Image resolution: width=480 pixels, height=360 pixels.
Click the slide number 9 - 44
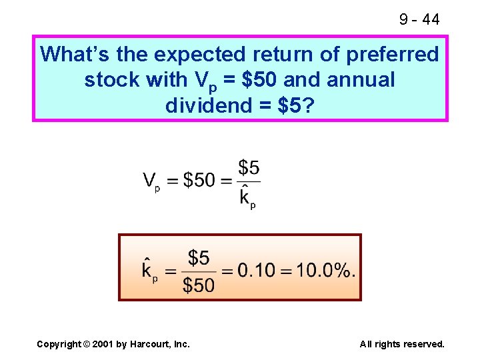pyautogui.click(x=419, y=19)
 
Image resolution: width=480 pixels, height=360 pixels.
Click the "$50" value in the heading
pyautogui.click(x=257, y=80)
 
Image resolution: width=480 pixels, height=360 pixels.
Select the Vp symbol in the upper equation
pyautogui.click(x=151, y=181)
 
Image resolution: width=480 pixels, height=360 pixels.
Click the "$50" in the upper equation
pyautogui.click(x=199, y=180)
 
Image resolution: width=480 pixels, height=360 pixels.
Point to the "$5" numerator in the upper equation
pyautogui.click(x=249, y=167)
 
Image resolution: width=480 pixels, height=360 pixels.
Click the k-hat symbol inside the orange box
pyautogui.click(x=150, y=270)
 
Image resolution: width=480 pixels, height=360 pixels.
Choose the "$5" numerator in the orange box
pyautogui.click(x=199, y=257)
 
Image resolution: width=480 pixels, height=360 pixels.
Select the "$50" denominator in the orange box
pyautogui.click(x=199, y=285)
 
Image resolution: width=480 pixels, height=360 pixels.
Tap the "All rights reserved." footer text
pyautogui.click(x=402, y=344)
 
